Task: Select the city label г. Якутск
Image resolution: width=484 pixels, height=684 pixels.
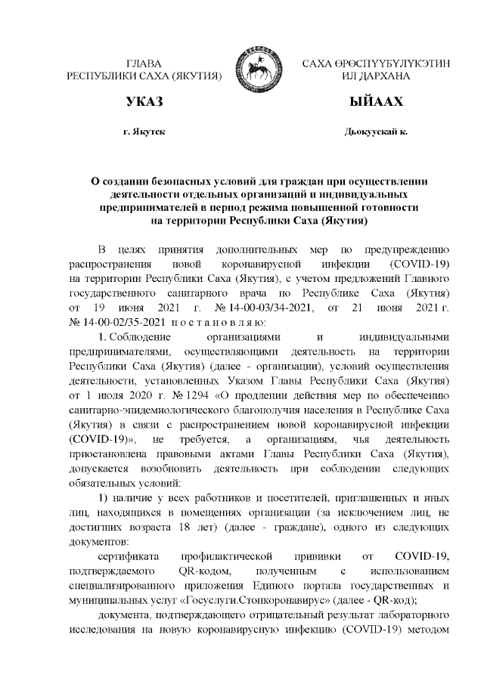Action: click(144, 132)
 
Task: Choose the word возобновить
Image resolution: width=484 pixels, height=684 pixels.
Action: click(189, 466)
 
